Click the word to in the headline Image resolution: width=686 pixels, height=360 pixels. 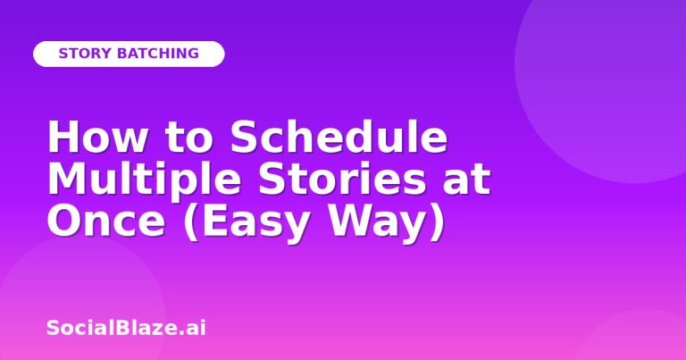[x=189, y=138]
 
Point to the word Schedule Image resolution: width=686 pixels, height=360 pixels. [x=339, y=136]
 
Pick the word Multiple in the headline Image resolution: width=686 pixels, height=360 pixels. [x=145, y=180]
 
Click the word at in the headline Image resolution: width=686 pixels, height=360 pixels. [x=466, y=180]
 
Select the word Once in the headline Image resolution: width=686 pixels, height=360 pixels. [x=106, y=221]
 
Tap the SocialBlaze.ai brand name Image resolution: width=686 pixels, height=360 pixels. [x=126, y=328]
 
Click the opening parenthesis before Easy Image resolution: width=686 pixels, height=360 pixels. [x=191, y=222]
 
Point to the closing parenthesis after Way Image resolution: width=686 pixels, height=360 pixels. [x=438, y=222]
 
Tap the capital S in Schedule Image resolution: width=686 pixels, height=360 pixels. [x=243, y=136]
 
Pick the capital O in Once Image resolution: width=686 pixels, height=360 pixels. [x=64, y=221]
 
